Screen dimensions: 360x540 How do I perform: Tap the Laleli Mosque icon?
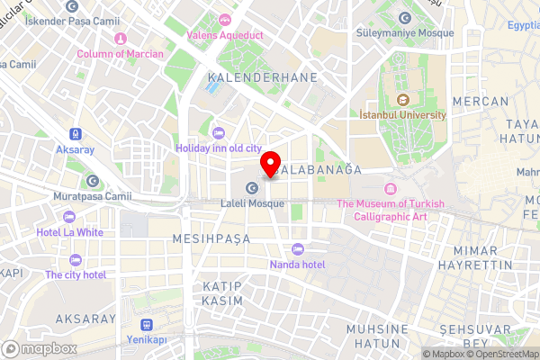click(252, 188)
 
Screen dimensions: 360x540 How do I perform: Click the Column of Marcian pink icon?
click(120, 38)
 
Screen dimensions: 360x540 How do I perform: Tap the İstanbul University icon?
click(402, 99)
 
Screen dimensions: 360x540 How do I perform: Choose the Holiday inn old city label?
click(219, 148)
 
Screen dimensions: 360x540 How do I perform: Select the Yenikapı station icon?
click(146, 325)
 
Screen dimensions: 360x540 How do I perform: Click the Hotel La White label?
click(70, 232)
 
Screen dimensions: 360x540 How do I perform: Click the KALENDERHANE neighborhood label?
click(262, 78)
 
